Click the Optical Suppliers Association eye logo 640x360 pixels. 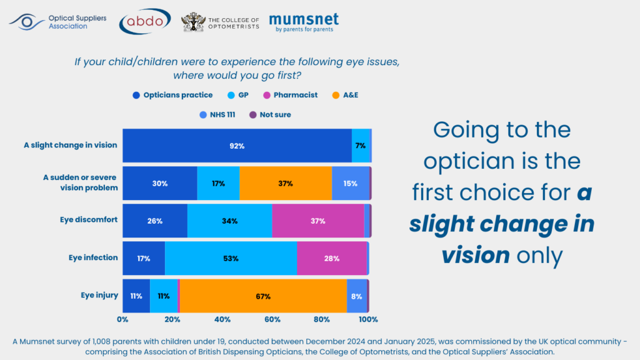coord(26,22)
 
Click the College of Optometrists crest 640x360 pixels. coord(192,22)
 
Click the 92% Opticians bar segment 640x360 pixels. coord(237,146)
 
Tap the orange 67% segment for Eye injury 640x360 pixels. coord(263,296)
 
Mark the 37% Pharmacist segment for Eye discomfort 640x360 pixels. coord(318,221)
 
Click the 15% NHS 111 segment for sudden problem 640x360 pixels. coord(350,183)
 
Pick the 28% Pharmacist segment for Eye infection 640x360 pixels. coord(332,258)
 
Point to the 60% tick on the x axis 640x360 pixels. coord(272,319)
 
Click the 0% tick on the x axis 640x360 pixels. coord(123,319)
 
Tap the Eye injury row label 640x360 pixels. coord(99,295)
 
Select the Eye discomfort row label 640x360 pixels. coord(89,220)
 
